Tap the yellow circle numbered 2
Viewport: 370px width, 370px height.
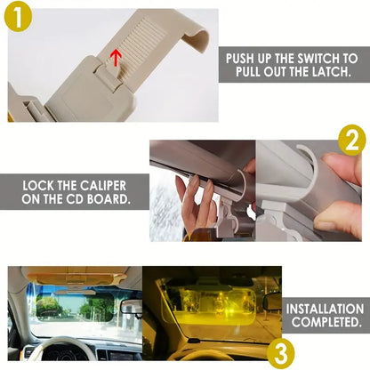(351, 141)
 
